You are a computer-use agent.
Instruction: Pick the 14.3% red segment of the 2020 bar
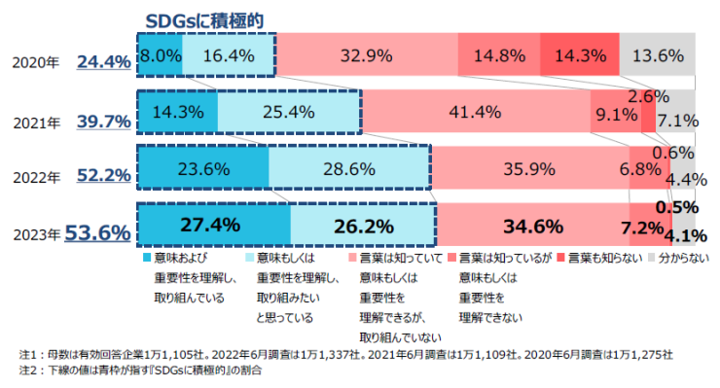pos(579,55)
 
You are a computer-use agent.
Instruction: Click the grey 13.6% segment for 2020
pos(657,55)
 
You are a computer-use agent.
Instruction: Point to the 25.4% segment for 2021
pos(289,112)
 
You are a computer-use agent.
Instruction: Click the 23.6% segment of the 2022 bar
pos(202,168)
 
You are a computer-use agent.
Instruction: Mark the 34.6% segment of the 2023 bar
pos(533,227)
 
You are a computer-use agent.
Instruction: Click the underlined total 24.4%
pos(103,61)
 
